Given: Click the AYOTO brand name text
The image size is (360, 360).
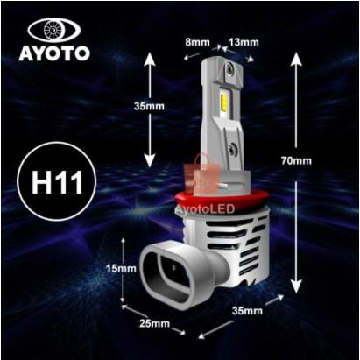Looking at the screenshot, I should (x=54, y=53).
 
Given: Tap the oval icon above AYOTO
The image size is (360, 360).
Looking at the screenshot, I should (x=54, y=28).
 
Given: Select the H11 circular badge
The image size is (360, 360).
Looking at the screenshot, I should (x=55, y=185).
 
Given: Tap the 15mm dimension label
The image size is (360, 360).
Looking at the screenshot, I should (x=127, y=269).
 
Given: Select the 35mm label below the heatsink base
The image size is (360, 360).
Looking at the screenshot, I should (x=248, y=311).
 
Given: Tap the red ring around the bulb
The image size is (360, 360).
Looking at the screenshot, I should (x=210, y=200).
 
